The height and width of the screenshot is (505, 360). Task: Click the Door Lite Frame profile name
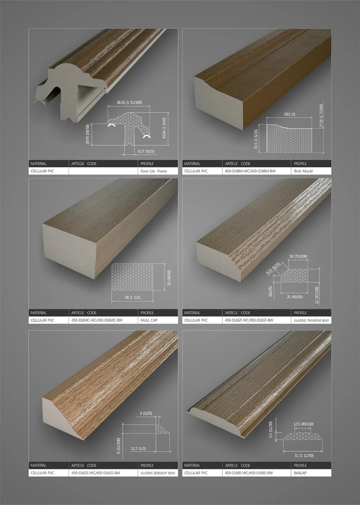154,171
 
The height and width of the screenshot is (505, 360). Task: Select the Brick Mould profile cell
303,171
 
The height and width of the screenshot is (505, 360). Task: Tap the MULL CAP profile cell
149,320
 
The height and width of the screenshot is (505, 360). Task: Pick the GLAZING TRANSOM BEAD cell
311,320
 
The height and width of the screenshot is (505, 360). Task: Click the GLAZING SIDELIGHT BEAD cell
158,473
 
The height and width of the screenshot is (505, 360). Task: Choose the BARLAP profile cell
300,473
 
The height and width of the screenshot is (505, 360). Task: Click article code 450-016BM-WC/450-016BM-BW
250,171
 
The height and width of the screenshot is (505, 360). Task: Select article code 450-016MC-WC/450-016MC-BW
97,320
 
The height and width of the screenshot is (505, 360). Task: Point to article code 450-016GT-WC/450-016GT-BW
249,320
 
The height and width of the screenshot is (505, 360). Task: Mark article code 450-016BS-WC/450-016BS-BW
249,473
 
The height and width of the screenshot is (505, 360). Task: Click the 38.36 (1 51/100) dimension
129,103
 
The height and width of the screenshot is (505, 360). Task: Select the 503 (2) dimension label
289,114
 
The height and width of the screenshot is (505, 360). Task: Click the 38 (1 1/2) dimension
132,298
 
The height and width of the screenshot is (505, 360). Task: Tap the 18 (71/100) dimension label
298,256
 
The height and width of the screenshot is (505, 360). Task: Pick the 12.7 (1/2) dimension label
138,449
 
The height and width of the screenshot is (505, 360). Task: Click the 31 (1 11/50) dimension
304,456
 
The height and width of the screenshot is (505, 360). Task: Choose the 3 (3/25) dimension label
146,414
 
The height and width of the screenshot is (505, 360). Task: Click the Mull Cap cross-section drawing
132,278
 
